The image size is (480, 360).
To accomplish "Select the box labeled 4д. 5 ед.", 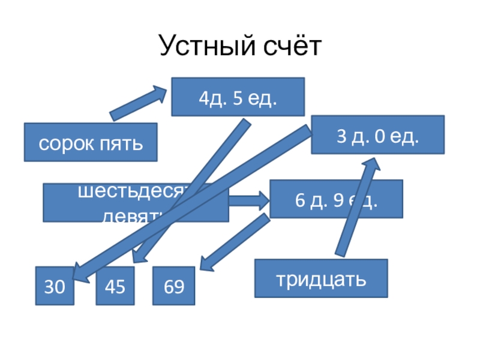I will click(x=238, y=97).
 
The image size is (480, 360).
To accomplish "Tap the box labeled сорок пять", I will click(x=91, y=142).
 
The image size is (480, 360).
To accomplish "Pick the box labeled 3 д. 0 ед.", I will click(x=377, y=135).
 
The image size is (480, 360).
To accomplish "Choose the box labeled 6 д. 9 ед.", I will click(x=336, y=199).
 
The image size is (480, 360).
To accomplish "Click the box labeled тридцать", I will click(x=320, y=278).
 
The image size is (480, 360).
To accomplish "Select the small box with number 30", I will click(x=55, y=286).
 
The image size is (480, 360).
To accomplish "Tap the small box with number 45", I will click(x=115, y=286).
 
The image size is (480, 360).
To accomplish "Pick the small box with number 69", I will click(x=173, y=286).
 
